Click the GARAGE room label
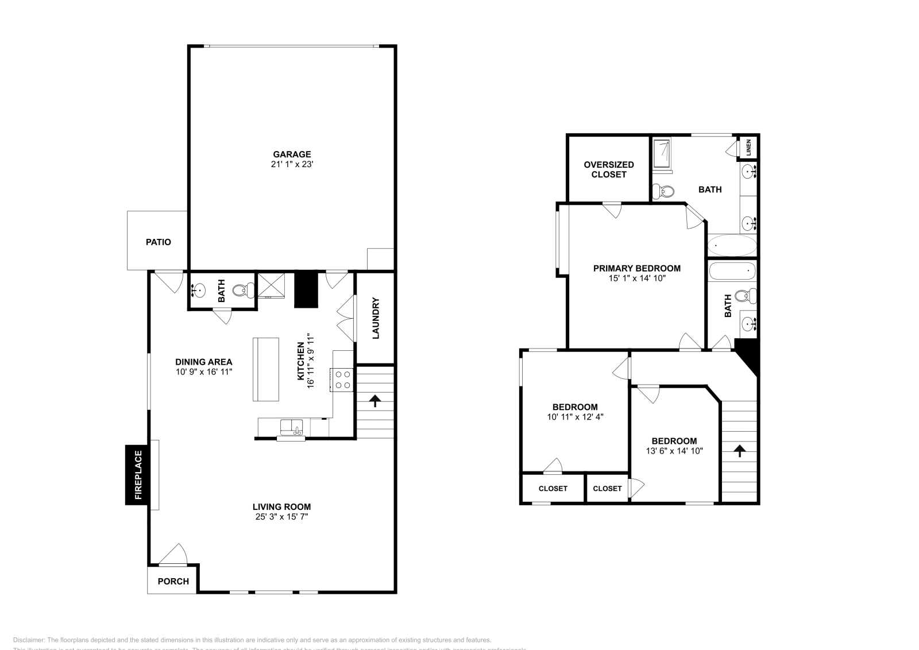[292, 154]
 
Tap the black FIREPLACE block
[137, 475]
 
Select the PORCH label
[173, 581]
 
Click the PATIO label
[158, 242]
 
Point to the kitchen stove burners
[343, 380]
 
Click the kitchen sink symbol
[292, 428]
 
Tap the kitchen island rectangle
[265, 369]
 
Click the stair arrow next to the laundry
[376, 400]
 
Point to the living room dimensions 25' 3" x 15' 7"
[281, 517]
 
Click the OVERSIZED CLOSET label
[608, 169]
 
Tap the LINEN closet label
[748, 147]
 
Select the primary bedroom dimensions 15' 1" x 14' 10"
[636, 278]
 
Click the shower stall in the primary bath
[663, 154]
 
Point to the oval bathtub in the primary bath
[731, 246]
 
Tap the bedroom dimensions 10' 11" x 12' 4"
[574, 417]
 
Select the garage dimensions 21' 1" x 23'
[292, 164]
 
